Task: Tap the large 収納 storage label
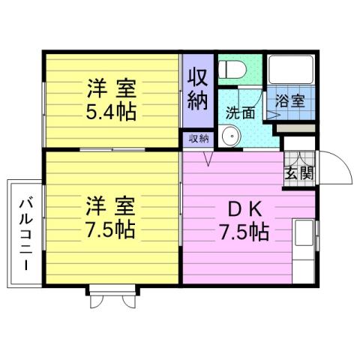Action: coord(197,90)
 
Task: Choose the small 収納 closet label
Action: coord(198,139)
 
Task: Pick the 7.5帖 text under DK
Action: coord(244,232)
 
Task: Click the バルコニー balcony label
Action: coord(25,233)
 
